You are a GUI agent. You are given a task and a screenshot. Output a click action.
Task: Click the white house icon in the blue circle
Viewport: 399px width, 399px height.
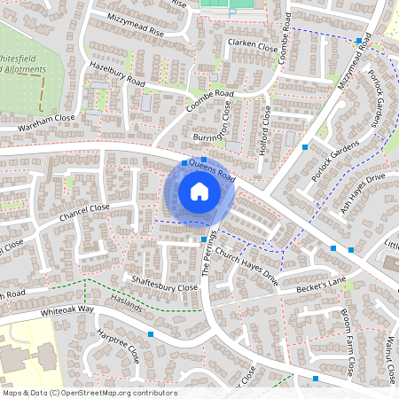coord(199,192)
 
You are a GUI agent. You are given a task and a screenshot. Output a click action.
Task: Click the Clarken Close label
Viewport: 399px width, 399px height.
coord(252,43)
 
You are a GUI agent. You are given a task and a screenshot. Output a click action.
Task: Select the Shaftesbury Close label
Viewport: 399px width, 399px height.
coord(164,286)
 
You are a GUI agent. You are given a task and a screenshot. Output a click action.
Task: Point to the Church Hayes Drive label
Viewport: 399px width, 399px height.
coord(252,263)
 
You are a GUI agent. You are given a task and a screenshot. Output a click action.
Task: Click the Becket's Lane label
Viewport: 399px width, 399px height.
coord(321,283)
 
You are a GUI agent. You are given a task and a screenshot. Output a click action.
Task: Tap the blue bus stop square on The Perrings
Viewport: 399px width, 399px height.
coord(204,239)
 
